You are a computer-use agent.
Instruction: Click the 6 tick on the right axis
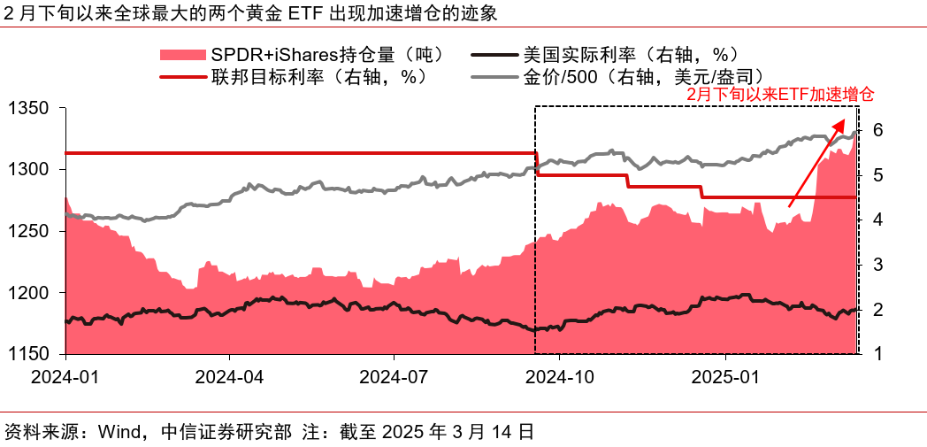point(878,130)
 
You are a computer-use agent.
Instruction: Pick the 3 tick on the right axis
point(878,264)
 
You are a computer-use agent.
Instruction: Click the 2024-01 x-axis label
point(65,376)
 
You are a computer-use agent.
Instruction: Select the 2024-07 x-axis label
point(394,376)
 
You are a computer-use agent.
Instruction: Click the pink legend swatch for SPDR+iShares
point(181,55)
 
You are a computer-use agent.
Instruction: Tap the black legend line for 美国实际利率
point(496,55)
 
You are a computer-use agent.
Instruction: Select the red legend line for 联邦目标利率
point(181,76)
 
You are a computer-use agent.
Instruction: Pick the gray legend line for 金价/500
point(496,76)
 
